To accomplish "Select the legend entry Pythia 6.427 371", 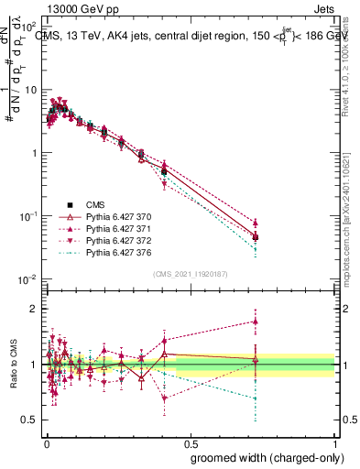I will tap(115, 228).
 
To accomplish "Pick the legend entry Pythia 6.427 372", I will tap(115, 240).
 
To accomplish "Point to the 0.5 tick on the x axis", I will tap(191, 441).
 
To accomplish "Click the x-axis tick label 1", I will tap(336, 441).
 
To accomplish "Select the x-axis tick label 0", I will tap(46, 441).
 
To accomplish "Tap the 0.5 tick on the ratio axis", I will tap(32, 420).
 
